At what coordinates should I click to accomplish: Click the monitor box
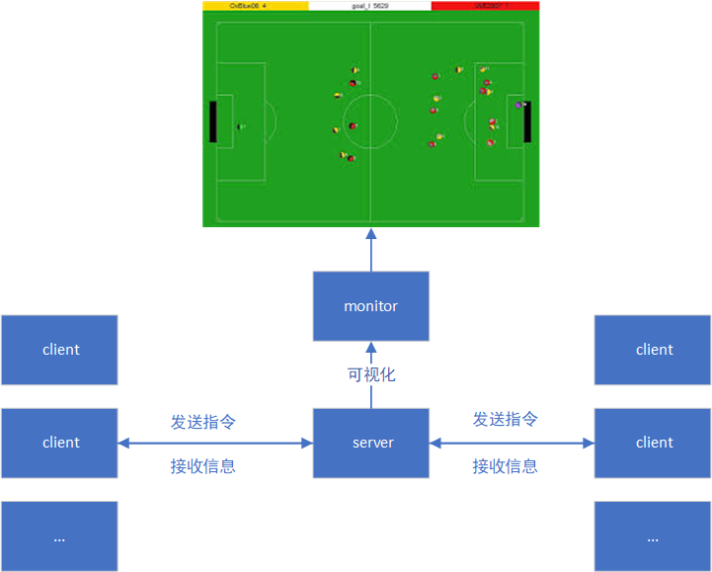point(370,306)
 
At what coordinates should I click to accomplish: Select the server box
point(371,443)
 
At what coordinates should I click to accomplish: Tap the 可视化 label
point(371,375)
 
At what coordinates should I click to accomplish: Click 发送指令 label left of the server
point(203,422)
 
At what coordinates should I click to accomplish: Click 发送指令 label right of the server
point(506,420)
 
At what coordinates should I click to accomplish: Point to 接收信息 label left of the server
point(203,466)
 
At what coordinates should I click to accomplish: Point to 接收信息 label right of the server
point(506,466)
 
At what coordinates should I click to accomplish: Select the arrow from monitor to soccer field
point(371,250)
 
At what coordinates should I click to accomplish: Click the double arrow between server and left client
point(215,444)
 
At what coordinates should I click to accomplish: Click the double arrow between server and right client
point(512,444)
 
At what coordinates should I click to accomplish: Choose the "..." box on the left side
point(59,536)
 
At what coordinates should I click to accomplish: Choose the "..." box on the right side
point(653,536)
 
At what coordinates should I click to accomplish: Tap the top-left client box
point(59,350)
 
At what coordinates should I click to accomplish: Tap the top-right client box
point(653,350)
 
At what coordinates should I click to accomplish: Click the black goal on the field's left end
point(212,122)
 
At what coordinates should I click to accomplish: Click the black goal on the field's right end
point(527,122)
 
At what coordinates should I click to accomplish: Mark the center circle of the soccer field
point(370,122)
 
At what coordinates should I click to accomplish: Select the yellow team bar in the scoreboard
point(255,6)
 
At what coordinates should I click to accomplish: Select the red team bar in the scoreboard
point(485,6)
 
